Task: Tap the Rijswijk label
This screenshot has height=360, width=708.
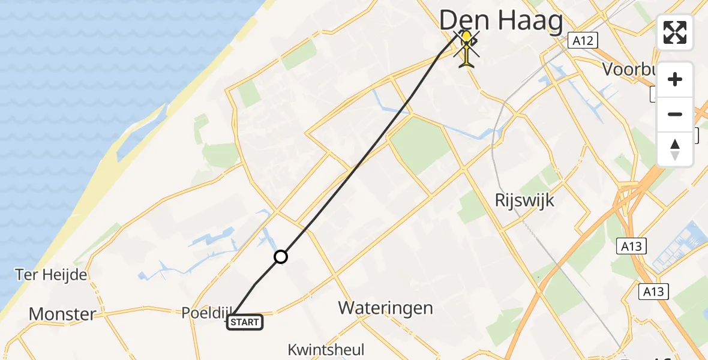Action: tap(525, 200)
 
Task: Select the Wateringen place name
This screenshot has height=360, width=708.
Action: tap(385, 308)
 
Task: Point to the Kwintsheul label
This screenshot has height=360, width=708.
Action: tap(326, 350)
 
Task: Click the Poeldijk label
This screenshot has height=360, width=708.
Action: tap(206, 313)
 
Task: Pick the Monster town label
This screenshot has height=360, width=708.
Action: tap(62, 314)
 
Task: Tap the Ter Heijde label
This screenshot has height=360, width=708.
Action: tap(51, 275)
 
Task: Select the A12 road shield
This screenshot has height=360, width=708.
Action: tap(582, 41)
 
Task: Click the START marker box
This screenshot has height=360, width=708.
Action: tap(244, 323)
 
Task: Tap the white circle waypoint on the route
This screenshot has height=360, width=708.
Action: tap(280, 257)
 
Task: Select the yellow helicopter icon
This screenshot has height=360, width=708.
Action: tap(466, 48)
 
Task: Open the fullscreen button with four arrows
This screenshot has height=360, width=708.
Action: tap(675, 32)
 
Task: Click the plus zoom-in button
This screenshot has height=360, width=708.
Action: tap(675, 80)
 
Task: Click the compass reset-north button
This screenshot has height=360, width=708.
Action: tap(675, 149)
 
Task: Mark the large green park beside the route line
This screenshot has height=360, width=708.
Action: tap(420, 145)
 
